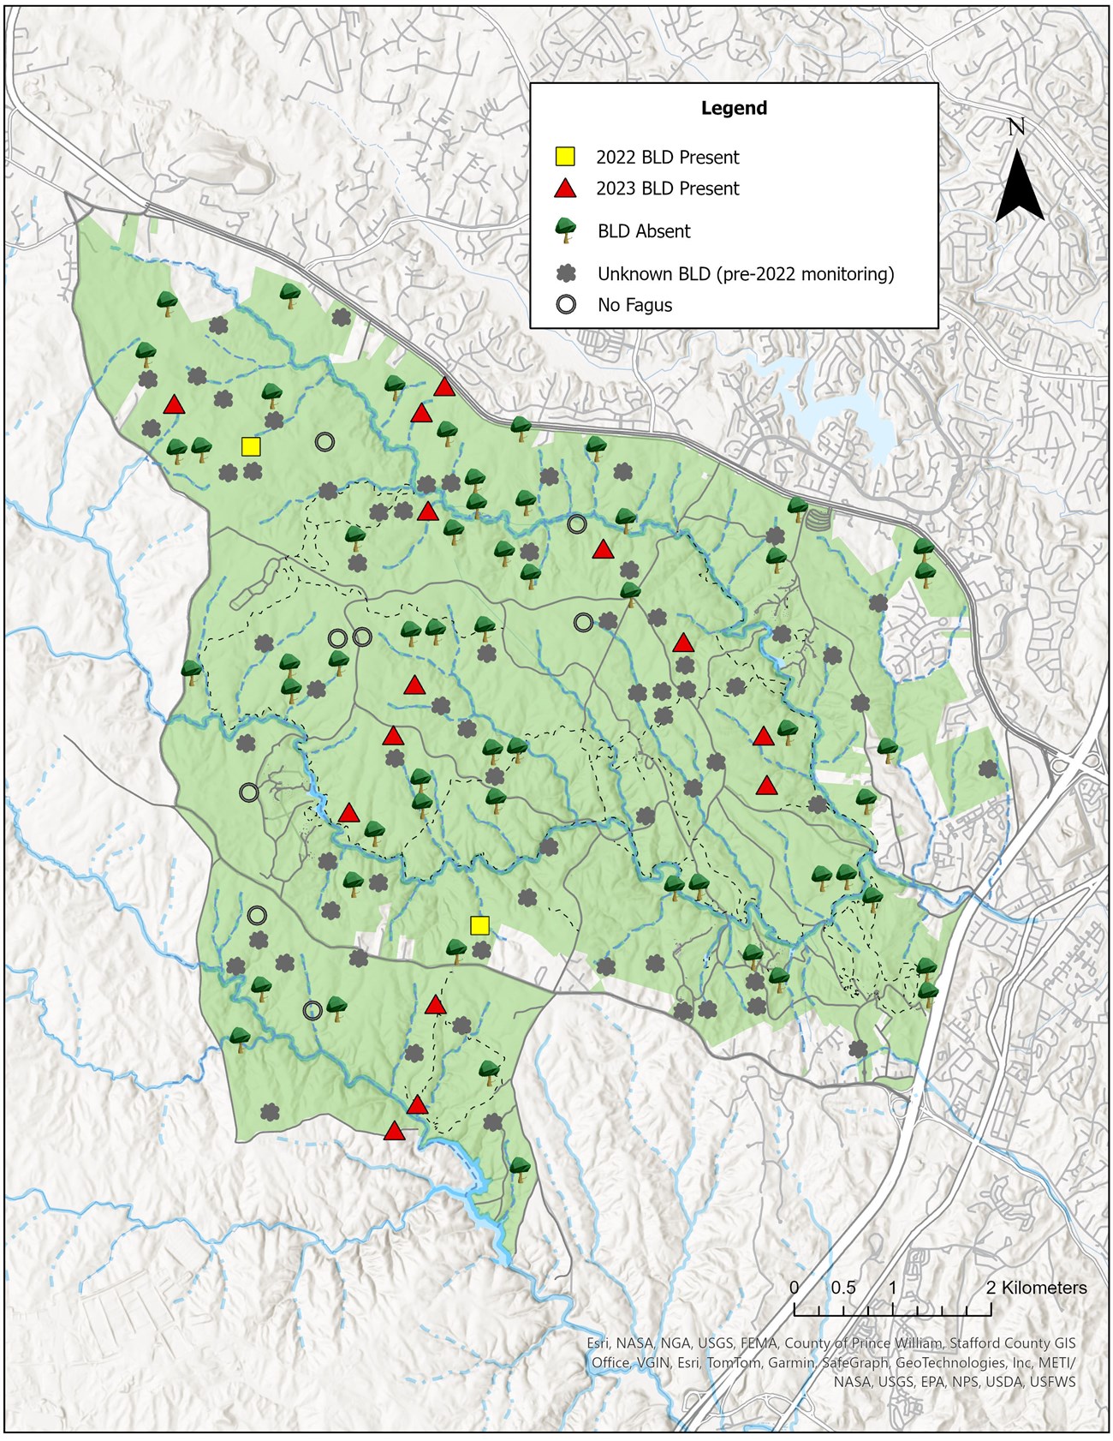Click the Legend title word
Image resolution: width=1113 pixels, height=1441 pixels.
(x=734, y=108)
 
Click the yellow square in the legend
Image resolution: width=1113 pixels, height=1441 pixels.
(x=564, y=157)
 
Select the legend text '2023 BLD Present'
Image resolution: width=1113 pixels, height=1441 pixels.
(x=668, y=188)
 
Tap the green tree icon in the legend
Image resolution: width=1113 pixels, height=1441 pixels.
(x=565, y=230)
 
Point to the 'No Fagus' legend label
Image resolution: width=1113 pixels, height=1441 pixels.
(x=634, y=305)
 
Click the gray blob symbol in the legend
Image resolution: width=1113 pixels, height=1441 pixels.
(x=565, y=274)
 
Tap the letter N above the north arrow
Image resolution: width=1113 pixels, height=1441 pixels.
(x=1016, y=128)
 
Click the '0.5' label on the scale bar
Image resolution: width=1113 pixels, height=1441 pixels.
(x=842, y=1288)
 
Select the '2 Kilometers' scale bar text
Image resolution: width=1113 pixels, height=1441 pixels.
(x=1036, y=1288)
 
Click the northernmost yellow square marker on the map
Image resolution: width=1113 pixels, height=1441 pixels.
(x=251, y=446)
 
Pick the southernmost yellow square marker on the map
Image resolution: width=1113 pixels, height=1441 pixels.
(x=479, y=925)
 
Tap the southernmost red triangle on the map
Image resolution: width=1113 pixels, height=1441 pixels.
(x=394, y=1132)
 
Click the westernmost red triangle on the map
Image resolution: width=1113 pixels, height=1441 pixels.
(x=175, y=404)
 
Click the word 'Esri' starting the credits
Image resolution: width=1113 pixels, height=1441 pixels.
(x=599, y=1343)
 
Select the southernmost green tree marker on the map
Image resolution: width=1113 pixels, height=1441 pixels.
(x=520, y=1167)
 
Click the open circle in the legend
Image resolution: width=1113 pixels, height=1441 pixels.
(x=565, y=305)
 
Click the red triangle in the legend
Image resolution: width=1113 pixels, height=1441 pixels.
(x=565, y=188)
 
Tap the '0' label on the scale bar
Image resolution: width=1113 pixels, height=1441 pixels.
(x=794, y=1288)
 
